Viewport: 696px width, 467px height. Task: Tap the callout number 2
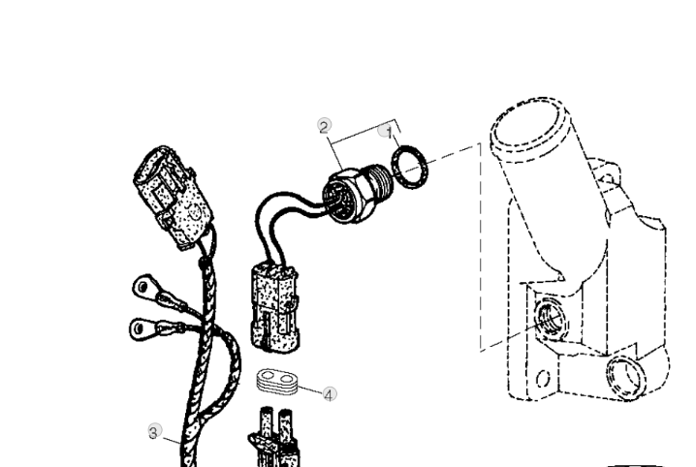[x=325, y=127]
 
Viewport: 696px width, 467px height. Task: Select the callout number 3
[x=153, y=432]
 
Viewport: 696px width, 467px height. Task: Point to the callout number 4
[x=329, y=394]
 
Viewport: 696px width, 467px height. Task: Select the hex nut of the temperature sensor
[x=346, y=195]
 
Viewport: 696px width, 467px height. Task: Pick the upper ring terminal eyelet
[x=142, y=287]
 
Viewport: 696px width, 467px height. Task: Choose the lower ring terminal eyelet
[x=141, y=328]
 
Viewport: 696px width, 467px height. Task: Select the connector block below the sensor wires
[x=275, y=307]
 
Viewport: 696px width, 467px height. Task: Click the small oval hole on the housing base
[x=543, y=379]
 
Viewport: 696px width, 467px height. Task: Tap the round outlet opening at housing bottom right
[x=626, y=375]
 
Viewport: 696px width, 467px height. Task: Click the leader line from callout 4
[x=311, y=389]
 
